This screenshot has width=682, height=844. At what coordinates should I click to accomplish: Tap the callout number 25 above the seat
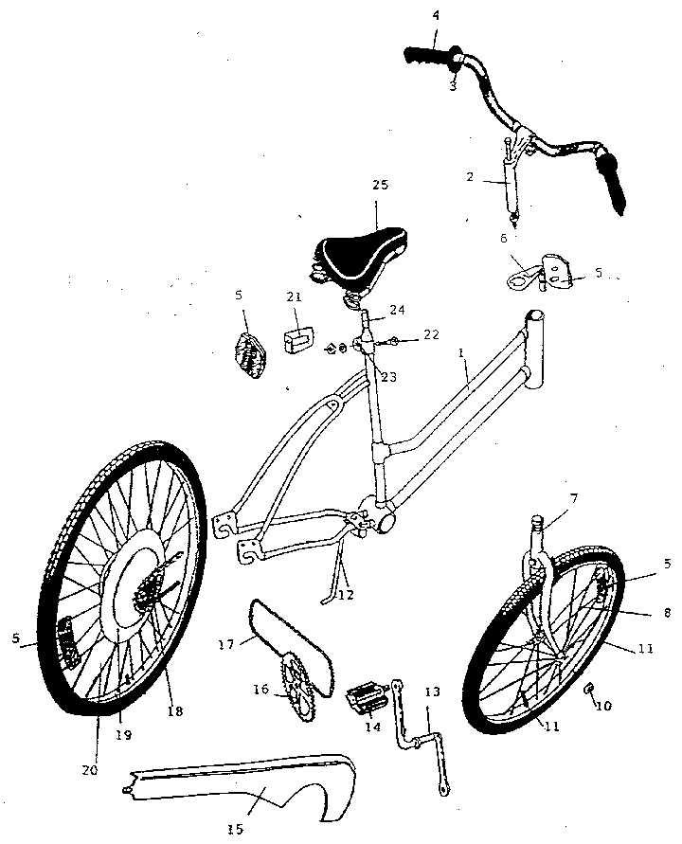point(380,185)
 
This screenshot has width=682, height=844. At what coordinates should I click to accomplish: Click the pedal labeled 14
point(368,696)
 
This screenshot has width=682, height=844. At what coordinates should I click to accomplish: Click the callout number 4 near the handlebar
point(436,15)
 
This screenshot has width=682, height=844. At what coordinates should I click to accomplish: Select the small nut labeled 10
point(589,687)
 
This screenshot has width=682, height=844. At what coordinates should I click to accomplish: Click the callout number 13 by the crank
point(433,692)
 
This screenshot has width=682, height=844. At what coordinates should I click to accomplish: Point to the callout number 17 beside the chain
point(226,644)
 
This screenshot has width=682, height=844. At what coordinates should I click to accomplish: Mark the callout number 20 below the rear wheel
point(90,770)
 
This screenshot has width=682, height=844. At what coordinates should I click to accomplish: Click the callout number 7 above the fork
point(574,499)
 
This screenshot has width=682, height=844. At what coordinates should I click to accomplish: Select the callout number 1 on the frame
point(460,353)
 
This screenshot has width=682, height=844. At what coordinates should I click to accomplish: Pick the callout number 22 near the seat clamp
point(431,334)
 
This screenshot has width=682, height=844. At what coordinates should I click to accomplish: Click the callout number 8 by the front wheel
point(667,612)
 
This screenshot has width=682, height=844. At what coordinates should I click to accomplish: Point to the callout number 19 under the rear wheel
point(123,735)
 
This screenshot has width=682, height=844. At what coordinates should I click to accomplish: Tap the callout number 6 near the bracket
point(504,238)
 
